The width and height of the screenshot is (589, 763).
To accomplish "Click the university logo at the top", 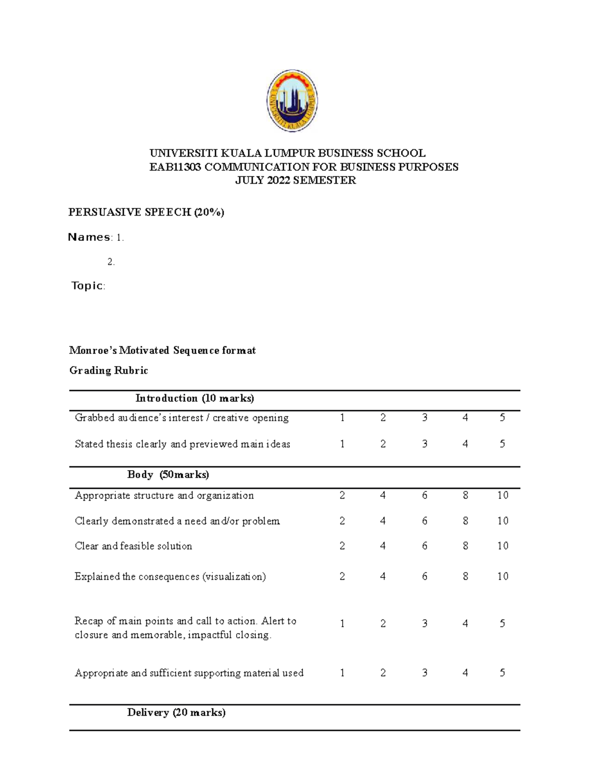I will (292, 101).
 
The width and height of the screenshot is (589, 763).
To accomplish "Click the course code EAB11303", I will (175, 167).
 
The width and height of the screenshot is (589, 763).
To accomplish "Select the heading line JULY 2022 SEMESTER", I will (295, 180).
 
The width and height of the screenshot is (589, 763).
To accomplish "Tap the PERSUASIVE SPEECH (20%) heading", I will (146, 212).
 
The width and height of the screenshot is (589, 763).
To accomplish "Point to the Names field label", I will (89, 237).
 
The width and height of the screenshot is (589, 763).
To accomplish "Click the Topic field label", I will (87, 285).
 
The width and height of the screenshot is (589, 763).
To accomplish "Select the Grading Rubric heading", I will (108, 370).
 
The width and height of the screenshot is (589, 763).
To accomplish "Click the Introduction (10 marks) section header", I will (195, 398).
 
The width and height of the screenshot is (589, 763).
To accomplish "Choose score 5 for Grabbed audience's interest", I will (502, 418).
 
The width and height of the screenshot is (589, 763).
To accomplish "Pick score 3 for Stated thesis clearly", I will (425, 444).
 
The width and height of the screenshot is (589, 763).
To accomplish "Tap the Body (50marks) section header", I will (168, 475).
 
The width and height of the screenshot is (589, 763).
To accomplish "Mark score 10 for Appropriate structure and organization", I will (502, 495).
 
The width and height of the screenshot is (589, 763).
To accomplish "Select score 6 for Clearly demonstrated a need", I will (425, 521).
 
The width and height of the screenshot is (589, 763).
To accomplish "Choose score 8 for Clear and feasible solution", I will (465, 546).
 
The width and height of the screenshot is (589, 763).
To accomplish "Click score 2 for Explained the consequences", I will (342, 576).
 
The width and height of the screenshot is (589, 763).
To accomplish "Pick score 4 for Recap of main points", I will (465, 623).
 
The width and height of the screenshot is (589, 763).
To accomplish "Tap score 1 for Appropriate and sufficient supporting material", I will (342, 673).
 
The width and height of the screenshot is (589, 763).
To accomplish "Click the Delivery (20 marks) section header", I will (176, 712).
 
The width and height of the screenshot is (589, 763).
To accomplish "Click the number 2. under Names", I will (111, 262).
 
